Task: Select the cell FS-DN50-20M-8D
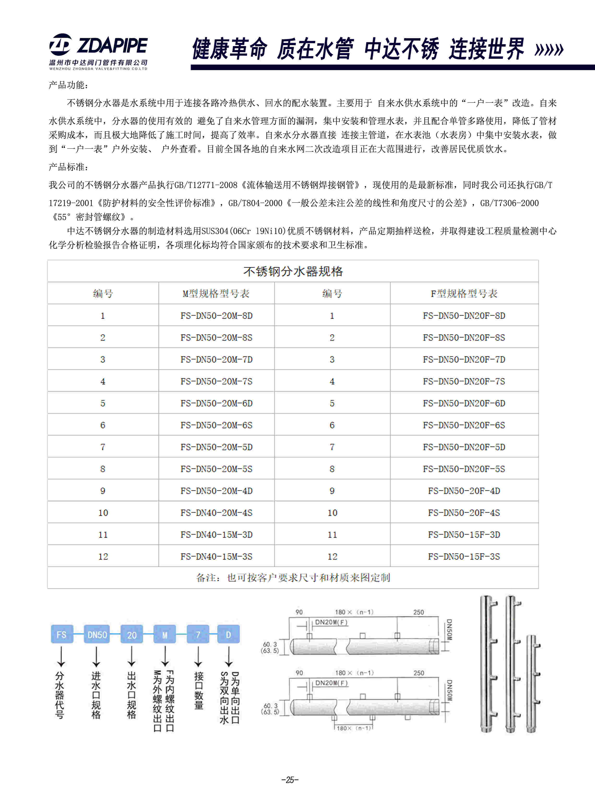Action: click(x=216, y=316)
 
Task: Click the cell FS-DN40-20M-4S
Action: click(x=216, y=513)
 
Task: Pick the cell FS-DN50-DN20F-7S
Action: click(x=464, y=381)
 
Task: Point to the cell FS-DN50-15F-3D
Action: click(x=464, y=534)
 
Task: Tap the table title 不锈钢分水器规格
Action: click(x=293, y=271)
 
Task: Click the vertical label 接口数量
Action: click(x=198, y=690)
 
